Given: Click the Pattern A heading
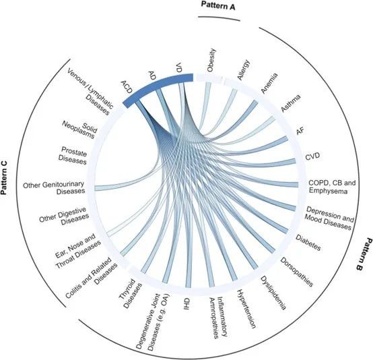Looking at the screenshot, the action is tap(218, 5).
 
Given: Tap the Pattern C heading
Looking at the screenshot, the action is tap(4, 177).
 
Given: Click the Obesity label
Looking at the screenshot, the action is tap(211, 60).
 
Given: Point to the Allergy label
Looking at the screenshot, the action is tap(244, 70).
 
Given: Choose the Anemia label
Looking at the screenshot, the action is tap(269, 83).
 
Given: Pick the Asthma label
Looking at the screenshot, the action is tap(291, 103).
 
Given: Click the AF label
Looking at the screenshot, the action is tap(300, 131).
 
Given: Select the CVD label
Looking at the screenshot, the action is tap(312, 156).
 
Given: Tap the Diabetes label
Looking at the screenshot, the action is tap(308, 243).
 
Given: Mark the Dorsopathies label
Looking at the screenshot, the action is tap(297, 272).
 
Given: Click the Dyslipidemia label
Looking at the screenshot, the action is tap(273, 293).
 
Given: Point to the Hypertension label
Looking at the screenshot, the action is tap(246, 309).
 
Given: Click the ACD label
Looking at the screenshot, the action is tap(127, 87).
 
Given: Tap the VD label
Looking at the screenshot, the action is tap(178, 67).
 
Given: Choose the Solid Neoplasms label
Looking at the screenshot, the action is tap(79, 129).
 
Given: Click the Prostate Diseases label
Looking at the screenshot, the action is tap(73, 155).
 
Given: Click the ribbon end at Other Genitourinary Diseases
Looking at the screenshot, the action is tap(96, 188).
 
